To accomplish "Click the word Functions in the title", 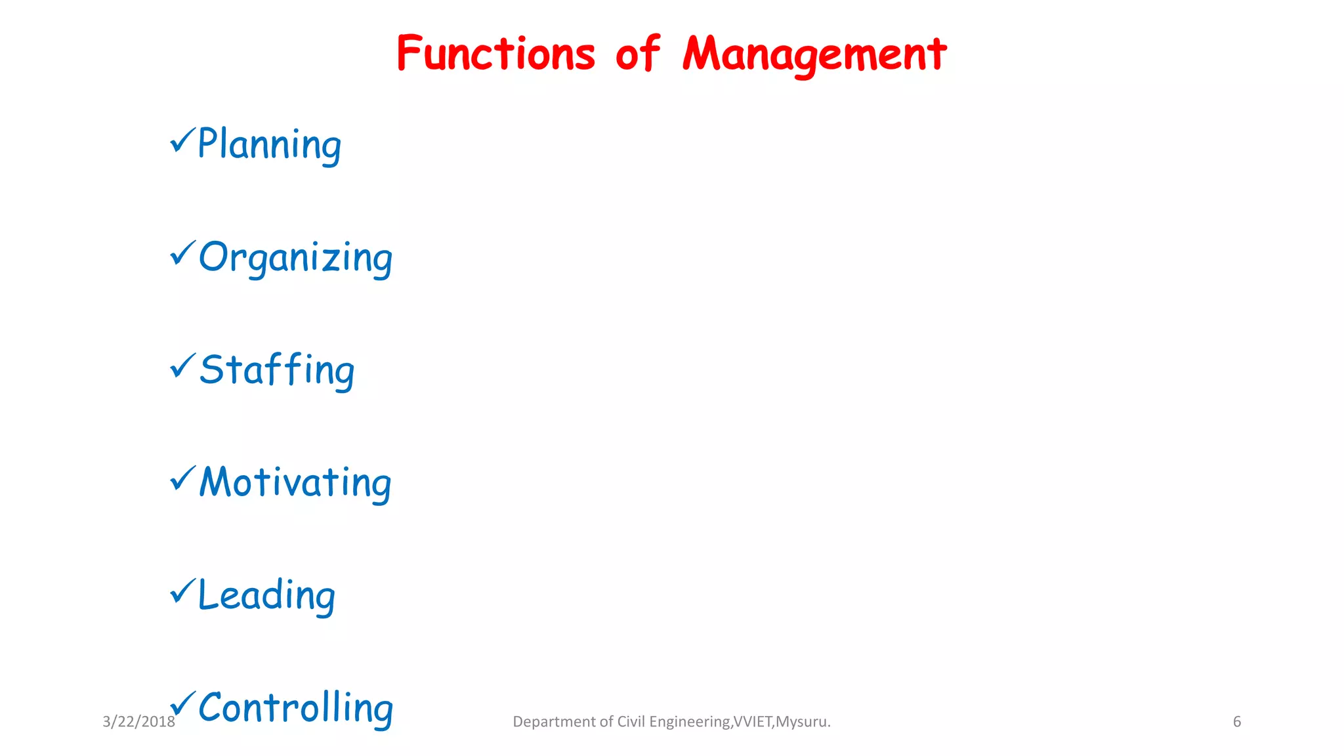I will [x=495, y=54].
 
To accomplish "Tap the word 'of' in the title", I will [x=637, y=54].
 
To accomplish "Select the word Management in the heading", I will [x=814, y=54].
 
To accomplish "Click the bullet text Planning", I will [x=269, y=144].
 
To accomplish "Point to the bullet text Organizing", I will [x=295, y=257].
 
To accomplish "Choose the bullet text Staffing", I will [x=277, y=369].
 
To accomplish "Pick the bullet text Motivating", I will [x=295, y=482].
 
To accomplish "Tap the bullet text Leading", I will [x=266, y=595].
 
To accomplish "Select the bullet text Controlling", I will [x=296, y=707].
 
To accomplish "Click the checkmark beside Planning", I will [x=182, y=140].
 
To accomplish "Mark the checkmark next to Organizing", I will [x=182, y=253].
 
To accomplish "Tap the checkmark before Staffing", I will [x=182, y=366].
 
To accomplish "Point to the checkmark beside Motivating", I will [x=182, y=478].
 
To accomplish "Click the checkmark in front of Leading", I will [x=182, y=591].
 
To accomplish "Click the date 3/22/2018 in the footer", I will [x=138, y=722].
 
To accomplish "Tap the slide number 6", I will [x=1237, y=722].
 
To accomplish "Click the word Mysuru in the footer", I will [x=803, y=722].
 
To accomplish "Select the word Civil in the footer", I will [x=631, y=722].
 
